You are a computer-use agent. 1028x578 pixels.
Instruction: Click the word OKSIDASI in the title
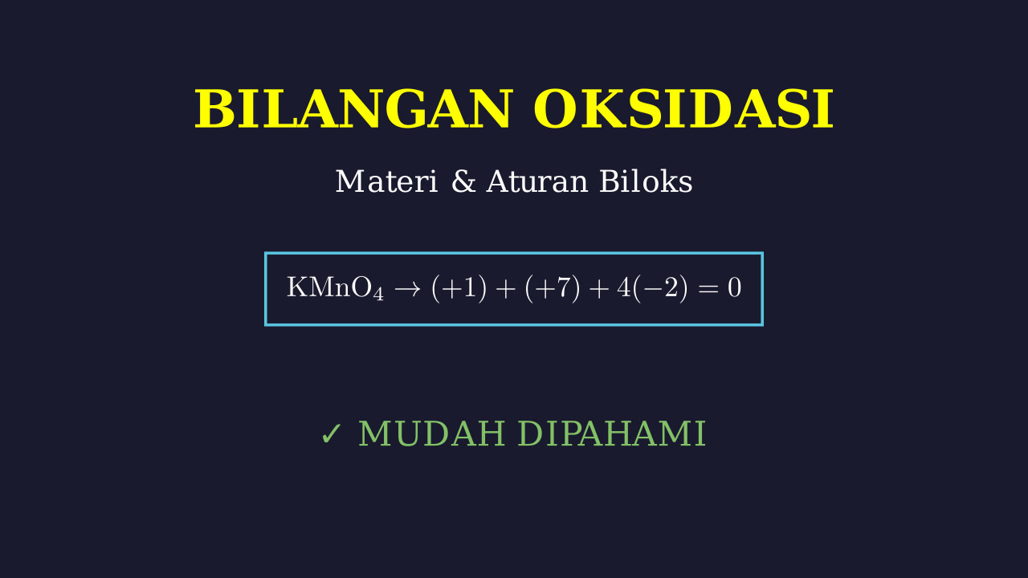[x=683, y=110]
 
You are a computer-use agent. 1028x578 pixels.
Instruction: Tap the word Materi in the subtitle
[x=386, y=181]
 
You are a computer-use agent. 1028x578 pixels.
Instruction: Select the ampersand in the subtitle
[x=463, y=181]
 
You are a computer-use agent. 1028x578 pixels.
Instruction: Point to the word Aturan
[x=537, y=181]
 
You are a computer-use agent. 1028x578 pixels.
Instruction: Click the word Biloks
[x=646, y=181]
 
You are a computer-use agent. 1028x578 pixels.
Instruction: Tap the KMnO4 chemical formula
[x=335, y=288]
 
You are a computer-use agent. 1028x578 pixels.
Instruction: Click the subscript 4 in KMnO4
[x=378, y=294]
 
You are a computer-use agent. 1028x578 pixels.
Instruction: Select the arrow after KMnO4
[x=407, y=289]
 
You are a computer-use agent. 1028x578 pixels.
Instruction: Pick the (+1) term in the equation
[x=459, y=288]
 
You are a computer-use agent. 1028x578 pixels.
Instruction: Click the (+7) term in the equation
[x=553, y=288]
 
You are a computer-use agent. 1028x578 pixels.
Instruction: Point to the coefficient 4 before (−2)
[x=625, y=288]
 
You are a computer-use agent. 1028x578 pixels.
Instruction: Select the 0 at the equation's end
[x=734, y=288]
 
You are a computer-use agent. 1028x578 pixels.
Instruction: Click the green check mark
[x=332, y=434]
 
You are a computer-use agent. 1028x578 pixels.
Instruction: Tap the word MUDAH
[x=432, y=433]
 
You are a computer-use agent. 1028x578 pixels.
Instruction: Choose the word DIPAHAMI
[x=612, y=433]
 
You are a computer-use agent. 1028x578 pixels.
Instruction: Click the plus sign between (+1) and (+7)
[x=506, y=289]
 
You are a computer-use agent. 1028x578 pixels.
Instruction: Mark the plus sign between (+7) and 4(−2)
[x=599, y=289]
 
